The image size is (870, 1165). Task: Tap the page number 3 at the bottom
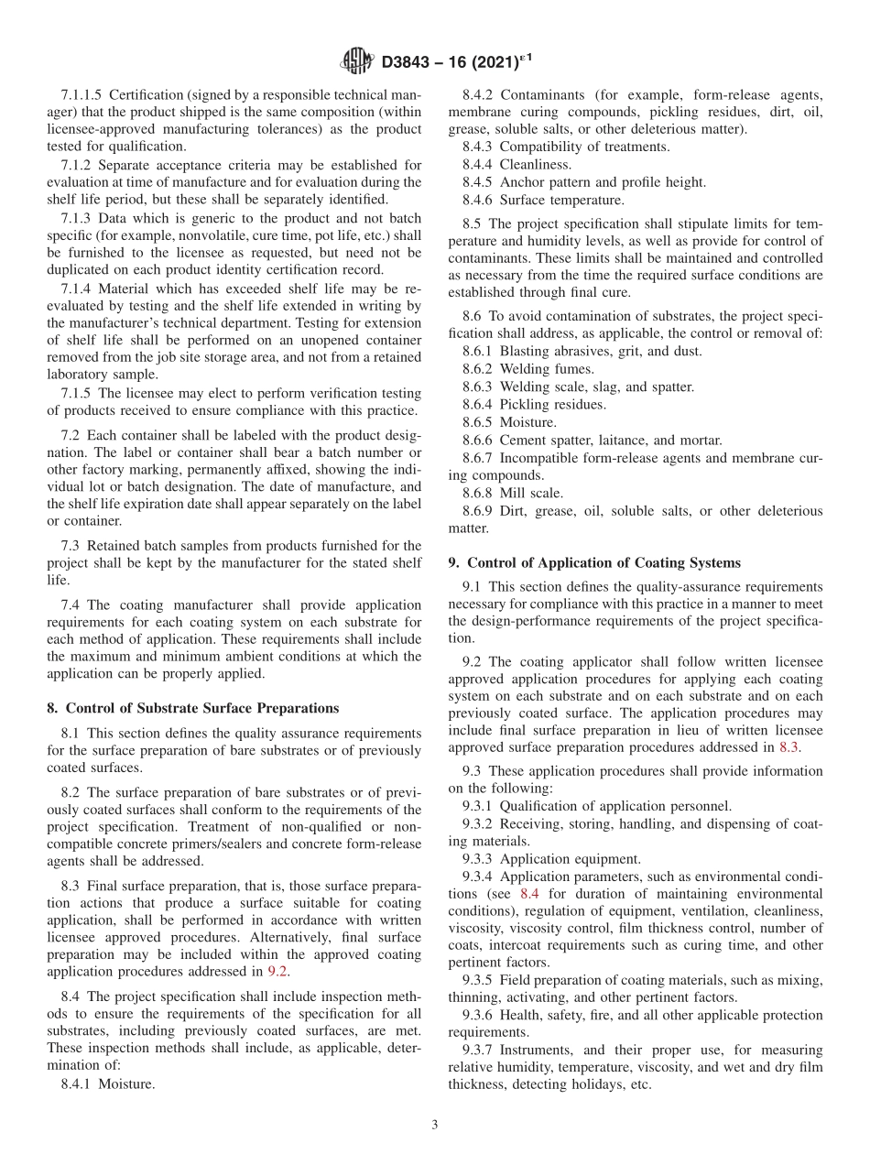(x=434, y=1126)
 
